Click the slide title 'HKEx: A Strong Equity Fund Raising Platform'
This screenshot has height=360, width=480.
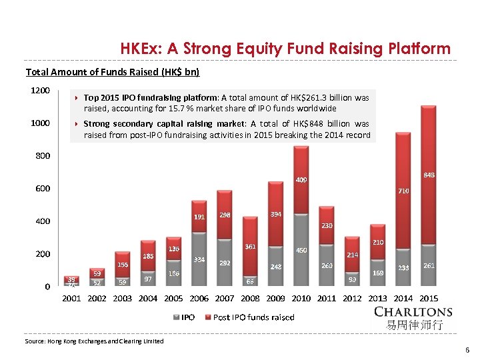click(285, 49)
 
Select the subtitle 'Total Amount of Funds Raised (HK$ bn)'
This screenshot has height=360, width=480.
click(112, 72)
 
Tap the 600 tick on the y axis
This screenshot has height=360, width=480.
click(41, 189)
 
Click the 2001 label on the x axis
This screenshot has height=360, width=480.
click(71, 298)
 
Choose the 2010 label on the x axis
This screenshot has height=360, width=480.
click(301, 298)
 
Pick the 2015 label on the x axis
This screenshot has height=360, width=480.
click(429, 298)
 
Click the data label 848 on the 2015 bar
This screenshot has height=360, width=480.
click(429, 175)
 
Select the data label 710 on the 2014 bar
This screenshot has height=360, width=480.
click(403, 191)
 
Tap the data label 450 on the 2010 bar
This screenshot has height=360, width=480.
click(301, 251)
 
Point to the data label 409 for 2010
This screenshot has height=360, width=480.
click(301, 180)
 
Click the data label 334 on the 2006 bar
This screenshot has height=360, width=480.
click(199, 259)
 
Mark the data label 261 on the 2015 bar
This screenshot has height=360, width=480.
click(429, 266)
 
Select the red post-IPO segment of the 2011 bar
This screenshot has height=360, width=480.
click(327, 237)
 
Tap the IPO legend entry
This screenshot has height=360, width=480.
click(185, 317)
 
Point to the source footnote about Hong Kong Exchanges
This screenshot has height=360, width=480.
click(94, 341)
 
